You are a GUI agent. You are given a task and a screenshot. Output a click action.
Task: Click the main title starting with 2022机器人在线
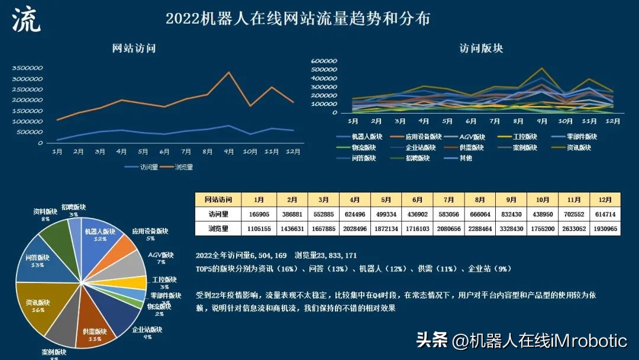coord(298,18)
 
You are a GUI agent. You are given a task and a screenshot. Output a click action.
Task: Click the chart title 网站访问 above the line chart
coord(134,49)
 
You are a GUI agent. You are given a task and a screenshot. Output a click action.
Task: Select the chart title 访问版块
coord(481,49)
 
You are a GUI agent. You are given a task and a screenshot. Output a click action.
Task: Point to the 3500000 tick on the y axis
coord(28,68)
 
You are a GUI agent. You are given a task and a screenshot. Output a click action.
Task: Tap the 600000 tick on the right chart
coord(324,61)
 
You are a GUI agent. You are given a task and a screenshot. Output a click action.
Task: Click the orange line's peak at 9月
coord(229,72)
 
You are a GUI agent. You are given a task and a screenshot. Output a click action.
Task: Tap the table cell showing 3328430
coord(509,228)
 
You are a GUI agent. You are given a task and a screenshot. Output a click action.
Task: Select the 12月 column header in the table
coord(605,200)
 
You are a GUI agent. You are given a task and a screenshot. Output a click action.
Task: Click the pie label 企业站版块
coord(147,330)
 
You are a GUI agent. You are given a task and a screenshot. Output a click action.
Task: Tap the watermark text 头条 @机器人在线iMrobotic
coord(521,340)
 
